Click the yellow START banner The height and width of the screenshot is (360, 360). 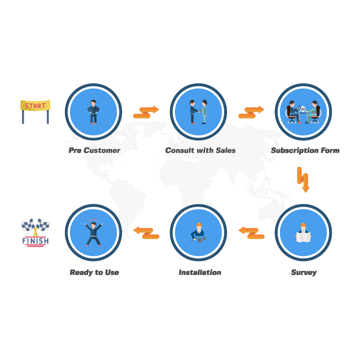(x=36, y=106)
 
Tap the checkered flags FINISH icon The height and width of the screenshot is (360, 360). (x=36, y=232)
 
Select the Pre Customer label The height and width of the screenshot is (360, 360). (x=94, y=150)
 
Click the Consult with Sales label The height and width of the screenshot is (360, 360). (x=200, y=150)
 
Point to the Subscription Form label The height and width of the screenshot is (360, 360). (x=305, y=150)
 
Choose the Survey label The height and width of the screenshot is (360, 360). (x=304, y=273)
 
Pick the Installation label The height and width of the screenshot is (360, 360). (x=200, y=273)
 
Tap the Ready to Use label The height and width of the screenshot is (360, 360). (x=94, y=273)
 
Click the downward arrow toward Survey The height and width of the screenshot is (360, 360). (x=303, y=180)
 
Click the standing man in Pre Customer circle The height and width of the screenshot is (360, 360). (x=94, y=112)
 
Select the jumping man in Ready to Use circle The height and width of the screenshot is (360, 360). (x=94, y=233)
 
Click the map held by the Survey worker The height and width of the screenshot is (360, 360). (x=303, y=237)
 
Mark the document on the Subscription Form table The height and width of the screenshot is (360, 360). (x=303, y=109)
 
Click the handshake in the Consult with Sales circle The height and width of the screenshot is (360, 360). (x=199, y=111)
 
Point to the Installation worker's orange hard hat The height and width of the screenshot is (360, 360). (x=199, y=224)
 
